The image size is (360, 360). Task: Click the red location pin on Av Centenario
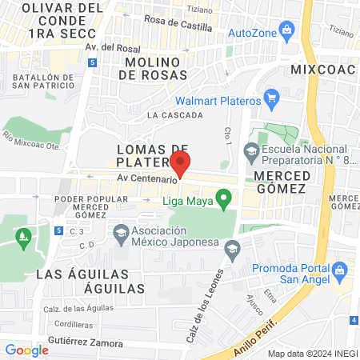[x=181, y=162]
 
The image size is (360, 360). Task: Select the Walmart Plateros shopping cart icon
[x=272, y=101]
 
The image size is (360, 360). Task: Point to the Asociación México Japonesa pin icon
[x=122, y=234]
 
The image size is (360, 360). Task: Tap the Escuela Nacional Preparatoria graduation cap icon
[x=251, y=150]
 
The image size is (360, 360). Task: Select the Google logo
[x=26, y=350]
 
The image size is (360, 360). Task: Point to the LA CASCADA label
[x=174, y=115]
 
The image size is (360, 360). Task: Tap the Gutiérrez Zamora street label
[x=84, y=342]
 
